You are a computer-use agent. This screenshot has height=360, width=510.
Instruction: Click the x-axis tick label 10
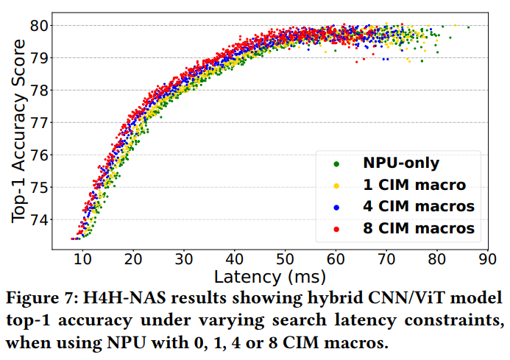[x=82, y=259]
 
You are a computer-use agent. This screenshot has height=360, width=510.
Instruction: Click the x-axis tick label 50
[x=286, y=259]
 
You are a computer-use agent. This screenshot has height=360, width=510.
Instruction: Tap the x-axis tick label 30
[x=184, y=259]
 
